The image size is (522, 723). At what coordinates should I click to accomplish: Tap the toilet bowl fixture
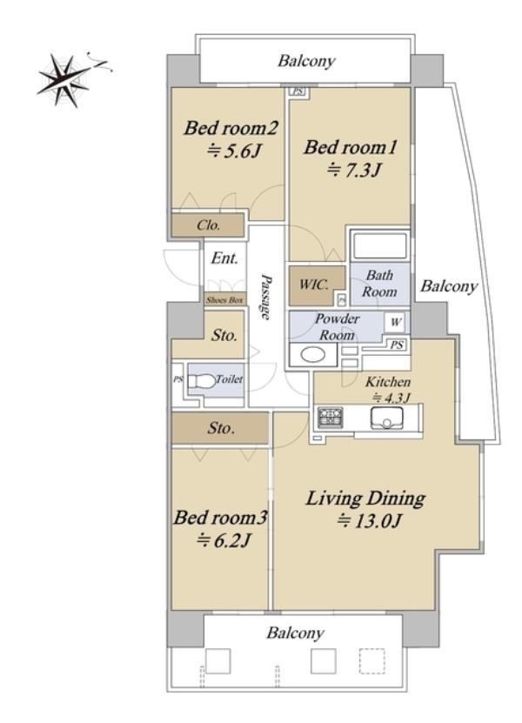coord(202,381)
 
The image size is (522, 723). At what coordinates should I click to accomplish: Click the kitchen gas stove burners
coord(331,418)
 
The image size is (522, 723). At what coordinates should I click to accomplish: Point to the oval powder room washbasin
coord(312,355)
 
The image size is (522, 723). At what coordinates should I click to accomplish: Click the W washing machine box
coord(396,322)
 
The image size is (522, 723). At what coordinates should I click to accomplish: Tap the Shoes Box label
coord(224,300)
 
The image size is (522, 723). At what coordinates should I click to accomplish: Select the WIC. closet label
coord(313,284)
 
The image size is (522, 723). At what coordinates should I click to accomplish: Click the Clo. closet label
coord(209,225)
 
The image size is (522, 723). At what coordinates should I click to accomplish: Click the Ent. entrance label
coord(224,258)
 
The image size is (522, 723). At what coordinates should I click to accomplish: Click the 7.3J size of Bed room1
coord(354,171)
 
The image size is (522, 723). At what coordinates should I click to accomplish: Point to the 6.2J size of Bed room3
coord(224,540)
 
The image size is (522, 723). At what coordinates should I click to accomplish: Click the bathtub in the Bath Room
coord(380,245)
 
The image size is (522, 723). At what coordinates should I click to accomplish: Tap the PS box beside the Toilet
coord(178,380)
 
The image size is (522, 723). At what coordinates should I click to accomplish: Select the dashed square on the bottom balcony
coord(371,661)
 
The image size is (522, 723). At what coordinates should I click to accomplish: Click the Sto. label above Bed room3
coord(221,428)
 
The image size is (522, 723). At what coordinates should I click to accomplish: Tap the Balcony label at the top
coord(306,61)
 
